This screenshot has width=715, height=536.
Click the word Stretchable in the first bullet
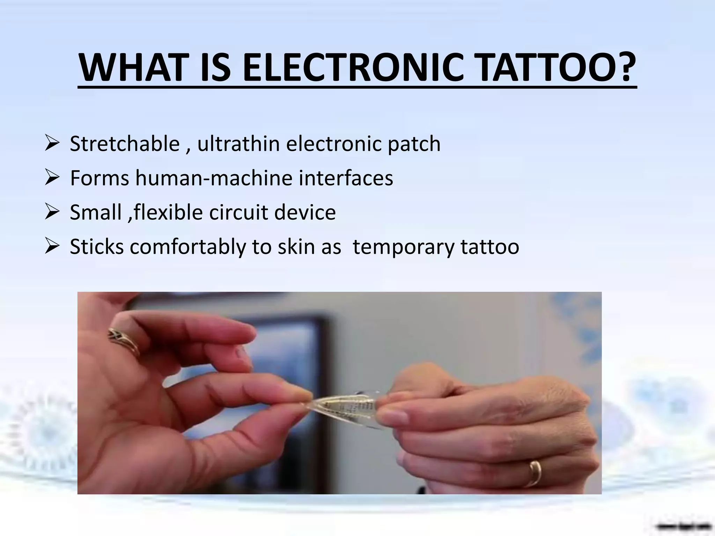click(125, 144)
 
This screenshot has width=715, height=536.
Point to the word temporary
click(404, 247)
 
